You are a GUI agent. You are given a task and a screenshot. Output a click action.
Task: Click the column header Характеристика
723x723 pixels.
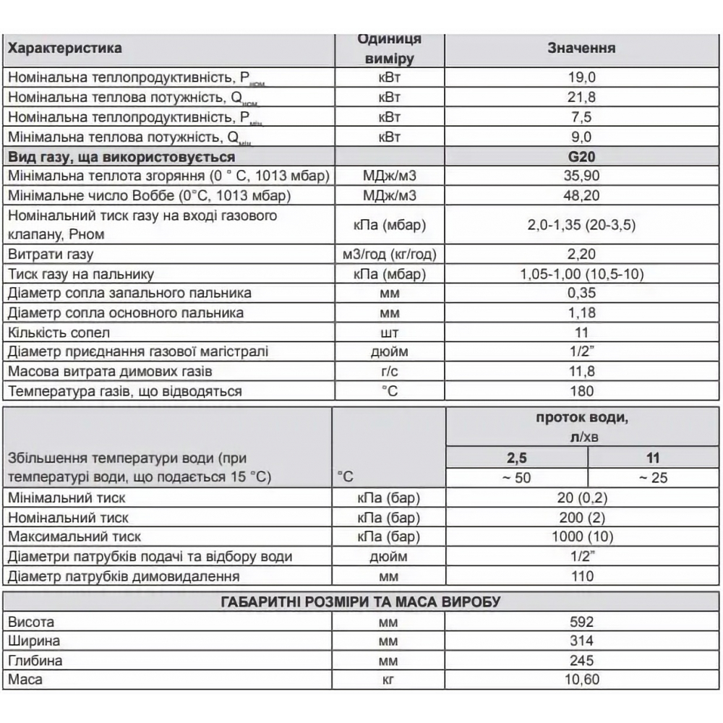point(65,48)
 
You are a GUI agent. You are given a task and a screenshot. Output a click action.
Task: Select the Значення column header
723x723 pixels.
point(581,48)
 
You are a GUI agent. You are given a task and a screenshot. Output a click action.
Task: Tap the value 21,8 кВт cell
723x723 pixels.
point(581,97)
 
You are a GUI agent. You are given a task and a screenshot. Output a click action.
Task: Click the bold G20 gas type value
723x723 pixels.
point(581,156)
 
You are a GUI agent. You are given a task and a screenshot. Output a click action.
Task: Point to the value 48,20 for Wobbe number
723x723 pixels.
point(581,195)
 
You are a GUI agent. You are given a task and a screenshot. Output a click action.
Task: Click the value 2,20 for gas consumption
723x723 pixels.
point(581,254)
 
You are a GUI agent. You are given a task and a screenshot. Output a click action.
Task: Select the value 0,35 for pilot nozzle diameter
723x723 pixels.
point(581,294)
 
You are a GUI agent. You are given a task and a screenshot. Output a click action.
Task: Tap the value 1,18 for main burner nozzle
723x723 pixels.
point(581,313)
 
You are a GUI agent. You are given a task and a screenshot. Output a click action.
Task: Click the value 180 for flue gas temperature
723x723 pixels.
point(581,391)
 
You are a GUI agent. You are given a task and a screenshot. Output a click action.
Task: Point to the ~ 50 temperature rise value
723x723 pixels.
point(516,478)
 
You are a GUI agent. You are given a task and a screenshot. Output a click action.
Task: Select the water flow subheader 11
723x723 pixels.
point(654,458)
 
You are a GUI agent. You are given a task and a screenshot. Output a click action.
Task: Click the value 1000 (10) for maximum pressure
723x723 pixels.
point(581,537)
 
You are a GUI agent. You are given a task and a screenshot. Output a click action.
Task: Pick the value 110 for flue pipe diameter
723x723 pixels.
point(581,576)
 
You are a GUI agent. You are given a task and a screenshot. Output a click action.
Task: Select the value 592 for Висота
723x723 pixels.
point(581,622)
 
